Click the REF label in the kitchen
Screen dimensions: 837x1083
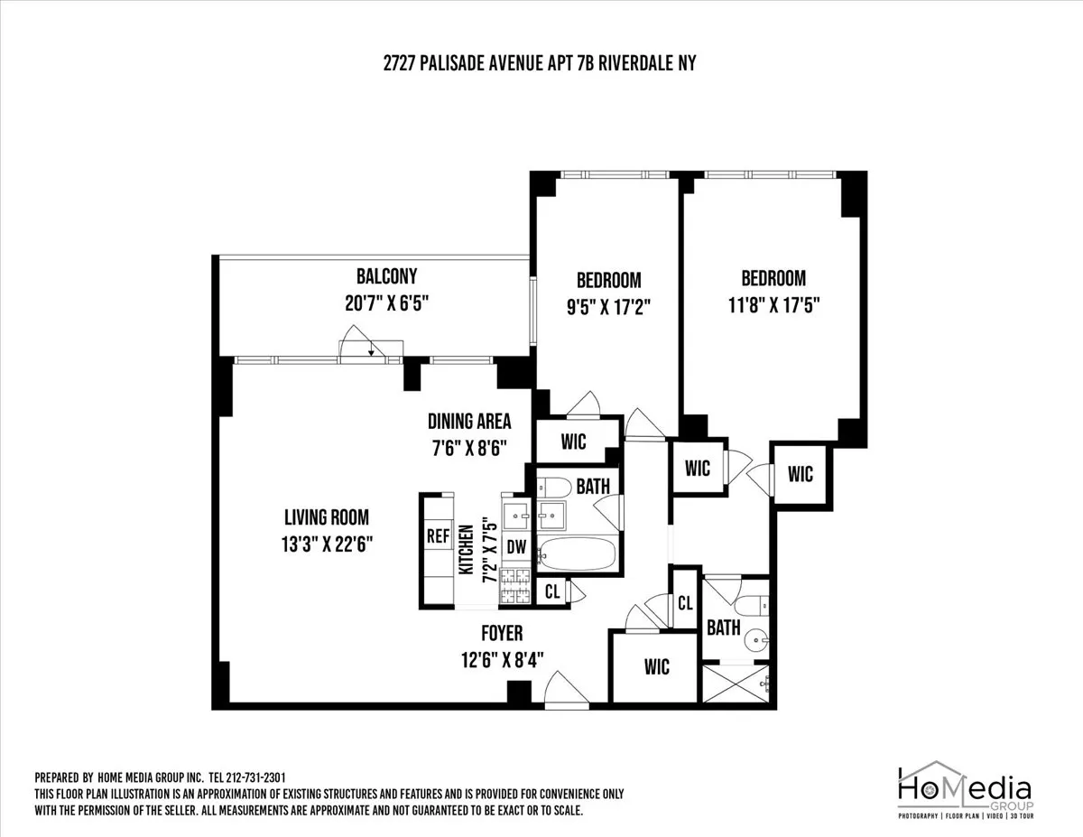438,535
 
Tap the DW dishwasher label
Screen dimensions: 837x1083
516,545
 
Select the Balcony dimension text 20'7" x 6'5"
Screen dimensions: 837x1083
386,305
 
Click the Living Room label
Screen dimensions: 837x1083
326,517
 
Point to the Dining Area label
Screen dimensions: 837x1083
469,421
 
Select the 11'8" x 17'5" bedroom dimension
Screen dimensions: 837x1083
773,305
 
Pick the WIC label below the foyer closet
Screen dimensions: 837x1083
657,666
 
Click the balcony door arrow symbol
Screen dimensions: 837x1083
371,351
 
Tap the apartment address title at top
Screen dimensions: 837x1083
541,63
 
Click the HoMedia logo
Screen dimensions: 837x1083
964,790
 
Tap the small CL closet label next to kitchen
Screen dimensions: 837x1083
551,592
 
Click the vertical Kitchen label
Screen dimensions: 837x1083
467,551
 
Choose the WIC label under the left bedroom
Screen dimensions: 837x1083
573,442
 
